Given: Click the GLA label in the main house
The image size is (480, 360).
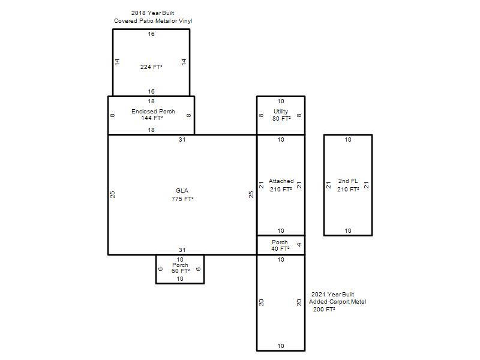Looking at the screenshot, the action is pyautogui.click(x=182, y=191).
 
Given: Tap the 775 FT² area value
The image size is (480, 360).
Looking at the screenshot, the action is pyautogui.click(x=182, y=199).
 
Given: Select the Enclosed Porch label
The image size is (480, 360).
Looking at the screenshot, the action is pyautogui.click(x=153, y=112).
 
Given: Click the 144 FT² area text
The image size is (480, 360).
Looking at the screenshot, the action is pyautogui.click(x=152, y=118).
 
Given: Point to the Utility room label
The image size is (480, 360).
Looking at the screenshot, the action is pyautogui.click(x=281, y=112).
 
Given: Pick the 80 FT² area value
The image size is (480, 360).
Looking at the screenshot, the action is pyautogui.click(x=281, y=118).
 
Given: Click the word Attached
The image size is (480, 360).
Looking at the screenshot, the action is pyautogui.click(x=281, y=181).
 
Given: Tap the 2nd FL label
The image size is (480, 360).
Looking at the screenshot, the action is pyautogui.click(x=348, y=181).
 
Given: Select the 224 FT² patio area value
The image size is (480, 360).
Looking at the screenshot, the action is pyautogui.click(x=151, y=67).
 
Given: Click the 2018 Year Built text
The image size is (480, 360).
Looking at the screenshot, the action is pyautogui.click(x=152, y=13).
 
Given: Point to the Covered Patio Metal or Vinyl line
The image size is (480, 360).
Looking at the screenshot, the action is pyautogui.click(x=153, y=21).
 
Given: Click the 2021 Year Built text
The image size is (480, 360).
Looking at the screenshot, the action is pyautogui.click(x=332, y=295).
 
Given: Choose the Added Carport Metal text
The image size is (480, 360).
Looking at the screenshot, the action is pyautogui.click(x=337, y=302).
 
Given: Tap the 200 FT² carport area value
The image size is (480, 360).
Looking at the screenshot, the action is pyautogui.click(x=324, y=310).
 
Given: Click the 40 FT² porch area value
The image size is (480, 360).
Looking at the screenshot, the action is pyautogui.click(x=280, y=249).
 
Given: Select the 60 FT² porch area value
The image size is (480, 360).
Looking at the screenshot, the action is pyautogui.click(x=181, y=271).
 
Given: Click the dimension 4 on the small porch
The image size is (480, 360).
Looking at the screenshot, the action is pyautogui.click(x=299, y=245).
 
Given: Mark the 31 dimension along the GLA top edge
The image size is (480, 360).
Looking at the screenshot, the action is pyautogui.click(x=182, y=140).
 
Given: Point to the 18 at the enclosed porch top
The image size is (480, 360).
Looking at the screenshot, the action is pyautogui.click(x=151, y=101).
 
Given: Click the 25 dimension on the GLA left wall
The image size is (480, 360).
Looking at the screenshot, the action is pyautogui.click(x=113, y=194).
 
